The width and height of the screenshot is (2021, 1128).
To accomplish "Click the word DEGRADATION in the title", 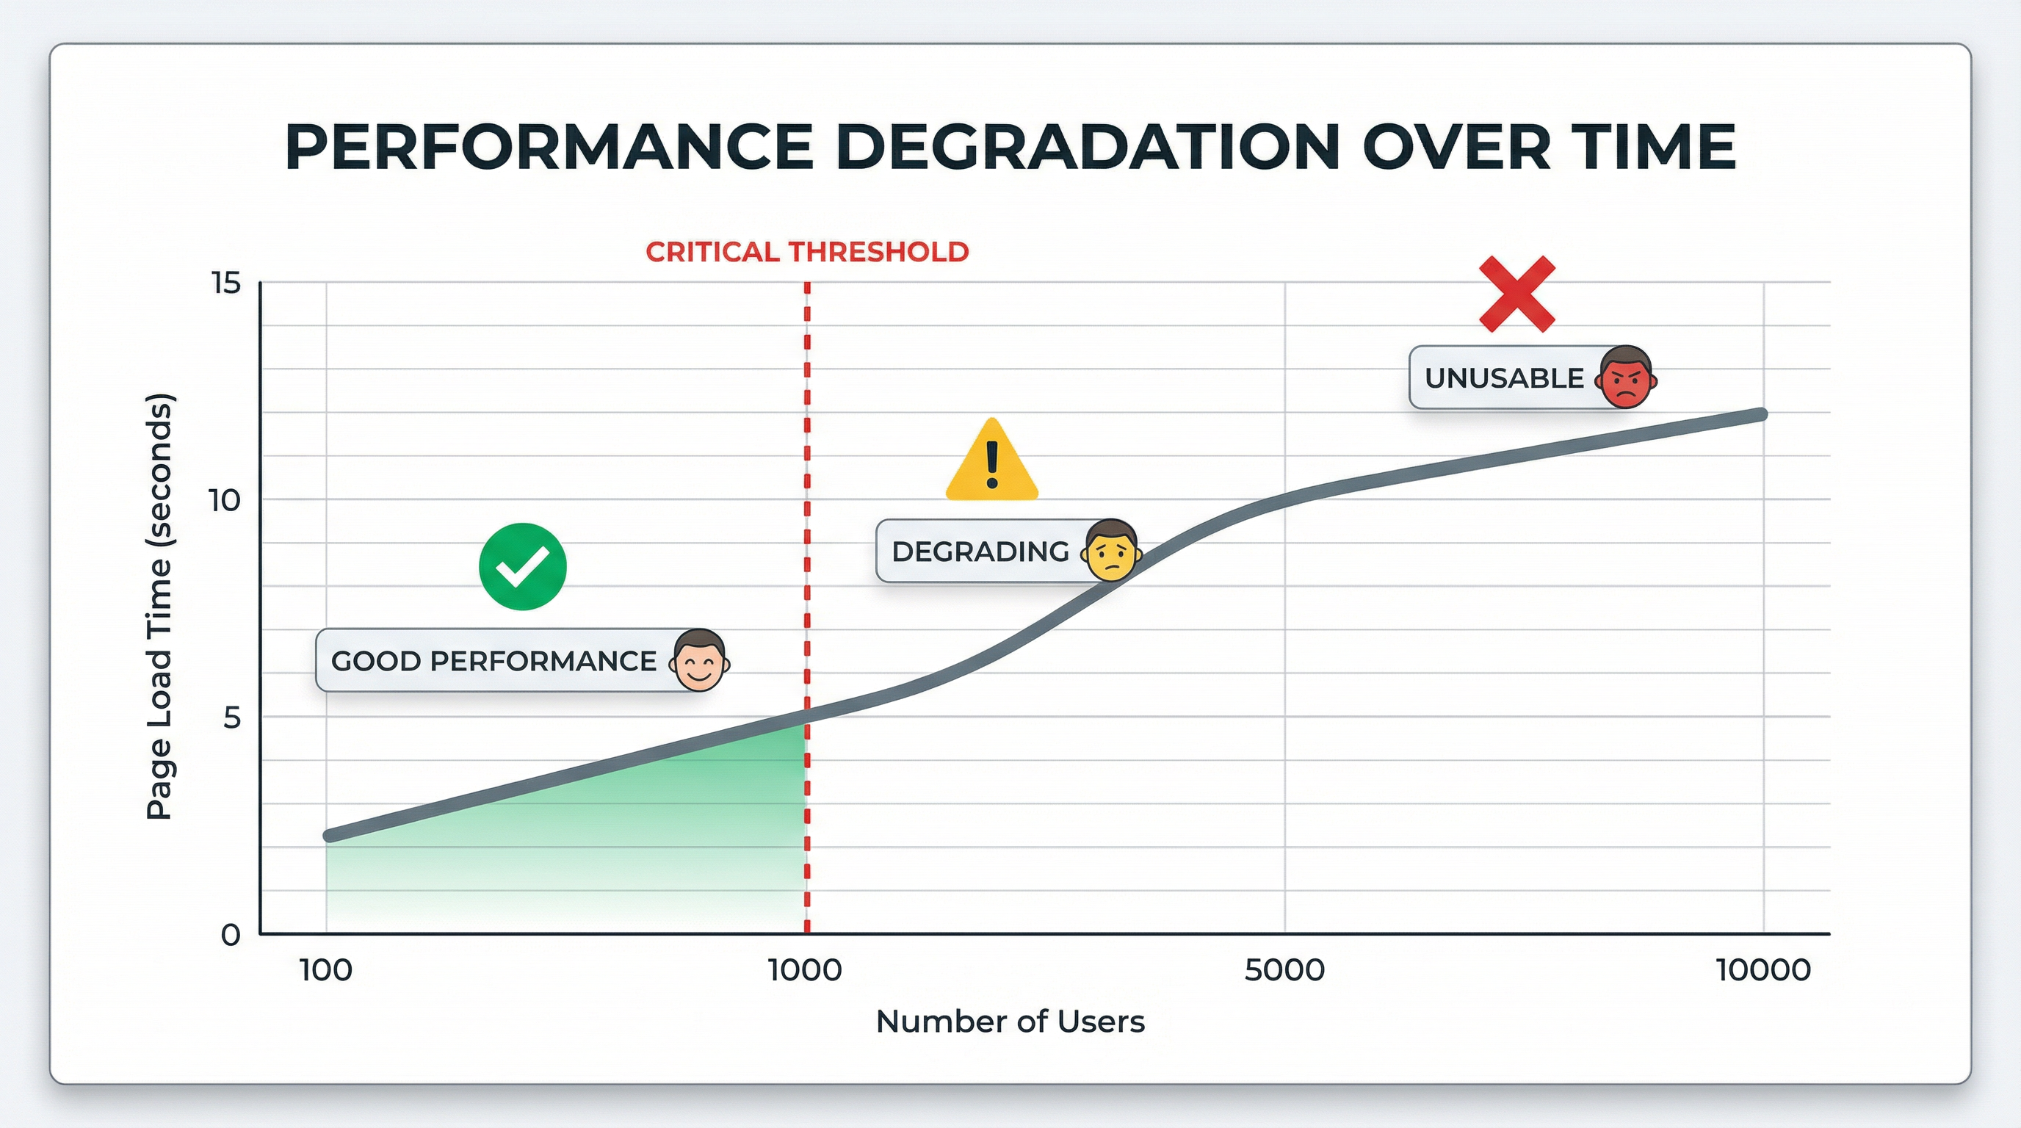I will [x=1087, y=147].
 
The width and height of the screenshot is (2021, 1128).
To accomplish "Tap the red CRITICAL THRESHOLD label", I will [x=806, y=252].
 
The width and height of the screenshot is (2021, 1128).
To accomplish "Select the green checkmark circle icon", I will [x=523, y=566].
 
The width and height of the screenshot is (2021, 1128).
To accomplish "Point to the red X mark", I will [x=1516, y=293].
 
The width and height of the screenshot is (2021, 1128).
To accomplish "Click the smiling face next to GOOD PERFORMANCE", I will [x=699, y=661].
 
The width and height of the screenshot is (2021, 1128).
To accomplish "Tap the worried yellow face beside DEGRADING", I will [x=1111, y=552].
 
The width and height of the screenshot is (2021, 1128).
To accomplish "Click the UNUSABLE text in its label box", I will [x=1504, y=378].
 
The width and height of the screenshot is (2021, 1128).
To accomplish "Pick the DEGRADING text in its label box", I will [x=980, y=552].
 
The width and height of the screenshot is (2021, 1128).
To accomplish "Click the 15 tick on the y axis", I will [x=226, y=283].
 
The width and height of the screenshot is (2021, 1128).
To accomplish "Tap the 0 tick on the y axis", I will [x=230, y=935].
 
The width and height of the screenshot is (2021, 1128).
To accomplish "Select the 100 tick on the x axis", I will [x=325, y=971].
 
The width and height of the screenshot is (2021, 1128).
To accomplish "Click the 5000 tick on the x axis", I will [x=1284, y=971].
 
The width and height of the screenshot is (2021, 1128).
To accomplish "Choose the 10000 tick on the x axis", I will [x=1763, y=971].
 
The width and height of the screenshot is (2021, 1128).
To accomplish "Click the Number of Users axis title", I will [x=1010, y=1022].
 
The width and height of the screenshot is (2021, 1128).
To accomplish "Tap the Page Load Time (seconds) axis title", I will [x=159, y=607].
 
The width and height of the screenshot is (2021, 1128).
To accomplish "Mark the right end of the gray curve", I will [x=1760, y=414].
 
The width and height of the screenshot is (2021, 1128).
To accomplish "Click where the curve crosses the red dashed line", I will [x=806, y=713].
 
